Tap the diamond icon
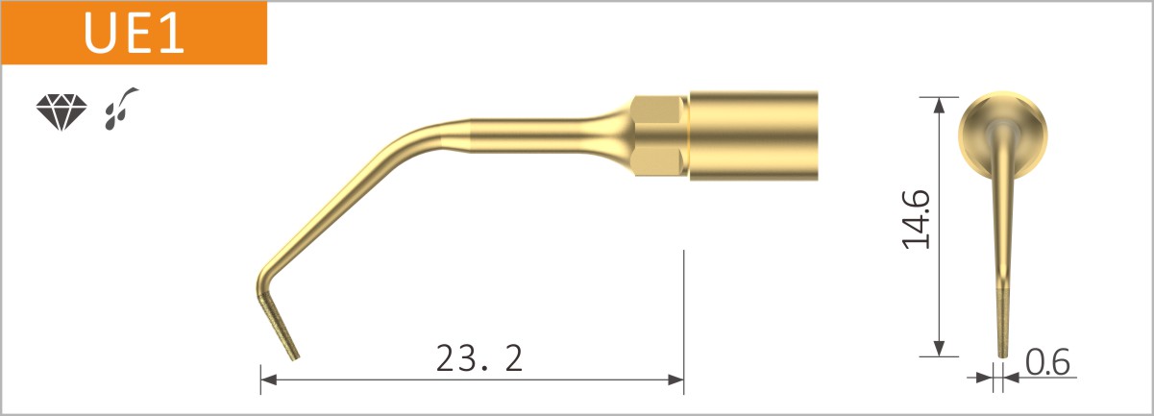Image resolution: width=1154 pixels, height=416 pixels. tap(60, 112)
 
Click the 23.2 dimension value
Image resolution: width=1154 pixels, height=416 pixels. tap(479, 358)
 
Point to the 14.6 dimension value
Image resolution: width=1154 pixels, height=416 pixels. tap(916, 219)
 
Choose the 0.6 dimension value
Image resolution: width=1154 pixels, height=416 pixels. tap(1046, 363)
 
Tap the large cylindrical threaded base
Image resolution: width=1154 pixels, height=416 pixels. tap(754, 135)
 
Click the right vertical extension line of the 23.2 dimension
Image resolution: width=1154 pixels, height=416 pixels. tap(683, 317)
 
